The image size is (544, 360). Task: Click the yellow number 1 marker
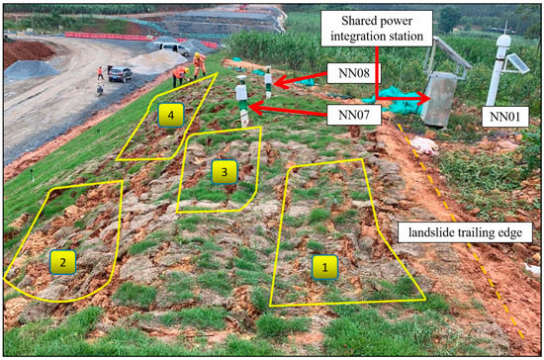tap(321, 264)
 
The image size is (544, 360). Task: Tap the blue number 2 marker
tap(62, 262)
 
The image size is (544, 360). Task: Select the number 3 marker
tap(225, 171)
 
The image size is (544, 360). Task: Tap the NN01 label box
tap(510, 115)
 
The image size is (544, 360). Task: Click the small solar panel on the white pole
tap(515, 63)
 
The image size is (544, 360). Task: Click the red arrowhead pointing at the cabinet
tap(424, 98)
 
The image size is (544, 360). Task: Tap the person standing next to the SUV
tap(101, 72)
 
